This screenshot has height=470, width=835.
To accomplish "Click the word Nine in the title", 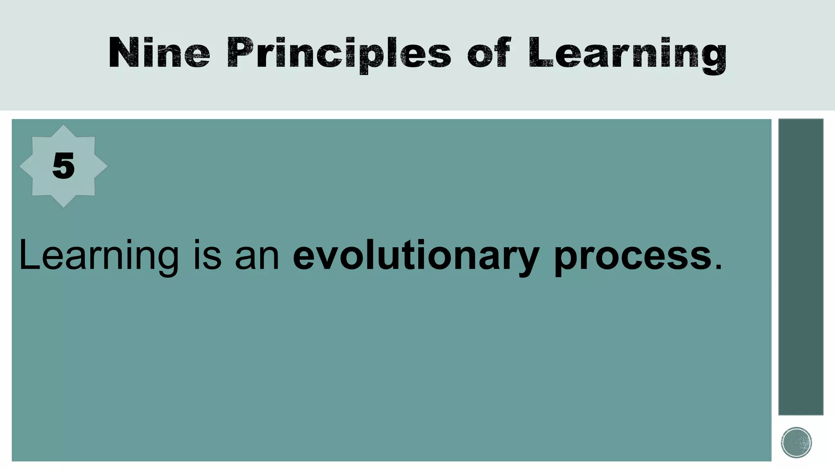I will click(159, 53).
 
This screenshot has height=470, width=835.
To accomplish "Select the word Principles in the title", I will click(339, 54).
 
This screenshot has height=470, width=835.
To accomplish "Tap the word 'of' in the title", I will click(489, 53).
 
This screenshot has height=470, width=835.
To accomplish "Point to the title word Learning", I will click(627, 54).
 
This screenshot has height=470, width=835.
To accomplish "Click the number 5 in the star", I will click(64, 166).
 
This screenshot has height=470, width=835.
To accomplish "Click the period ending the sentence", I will click(718, 268).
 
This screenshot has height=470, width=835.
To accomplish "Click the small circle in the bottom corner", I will click(796, 442).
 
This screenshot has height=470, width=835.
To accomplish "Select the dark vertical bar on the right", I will click(801, 267).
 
